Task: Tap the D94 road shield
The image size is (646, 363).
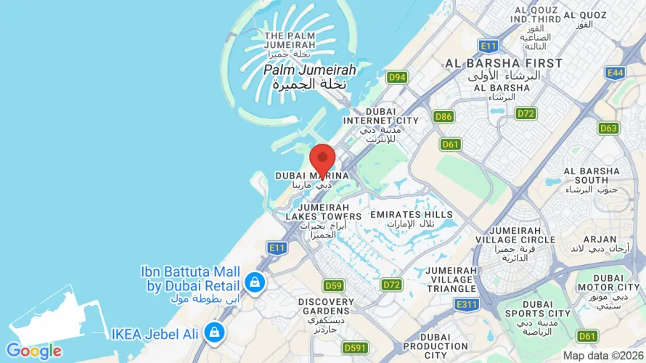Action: pos(396,77)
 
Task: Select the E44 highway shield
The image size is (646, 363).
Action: pos(615,73)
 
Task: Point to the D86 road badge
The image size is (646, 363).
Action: pos(443,116)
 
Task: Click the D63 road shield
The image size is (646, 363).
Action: pos(609,129)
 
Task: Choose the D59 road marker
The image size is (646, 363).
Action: pos(333,285)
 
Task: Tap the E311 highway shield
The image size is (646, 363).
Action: pos(467,305)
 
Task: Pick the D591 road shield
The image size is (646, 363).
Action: pos(355,348)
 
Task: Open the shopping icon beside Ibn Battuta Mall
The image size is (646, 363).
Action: pos(255,282)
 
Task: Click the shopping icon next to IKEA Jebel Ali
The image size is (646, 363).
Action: pos(213,333)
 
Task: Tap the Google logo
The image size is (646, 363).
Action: pos(34,351)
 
